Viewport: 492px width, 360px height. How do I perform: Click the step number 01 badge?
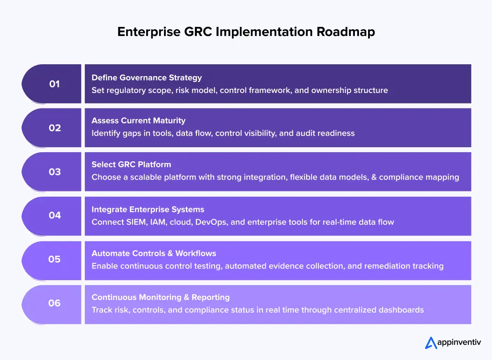point(54,84)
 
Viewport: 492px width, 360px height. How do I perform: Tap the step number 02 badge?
point(54,128)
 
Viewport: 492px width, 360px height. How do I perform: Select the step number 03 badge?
point(54,172)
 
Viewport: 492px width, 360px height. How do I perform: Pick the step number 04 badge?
point(54,215)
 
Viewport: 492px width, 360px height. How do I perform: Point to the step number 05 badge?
point(54,259)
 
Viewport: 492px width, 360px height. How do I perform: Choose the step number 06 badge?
point(54,303)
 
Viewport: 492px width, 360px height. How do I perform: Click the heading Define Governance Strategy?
point(147,77)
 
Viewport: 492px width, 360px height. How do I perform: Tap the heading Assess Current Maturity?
point(138,121)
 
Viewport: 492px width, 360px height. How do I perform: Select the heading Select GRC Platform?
point(131,165)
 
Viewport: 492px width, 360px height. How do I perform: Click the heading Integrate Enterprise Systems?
point(148,210)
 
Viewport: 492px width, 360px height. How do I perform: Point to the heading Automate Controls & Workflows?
point(154,253)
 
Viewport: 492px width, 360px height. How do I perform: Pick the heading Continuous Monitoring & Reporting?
point(160,297)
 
